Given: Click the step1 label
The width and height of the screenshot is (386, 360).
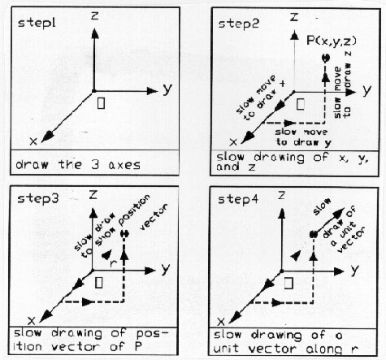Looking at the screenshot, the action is pos(37,23).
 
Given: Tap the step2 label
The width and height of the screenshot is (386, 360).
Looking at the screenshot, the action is pos(239,24).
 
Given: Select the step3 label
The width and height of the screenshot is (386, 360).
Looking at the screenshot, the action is pos(37,199).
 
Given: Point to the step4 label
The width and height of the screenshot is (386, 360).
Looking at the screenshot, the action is pos(238,200).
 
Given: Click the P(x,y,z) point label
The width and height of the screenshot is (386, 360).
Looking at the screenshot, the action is pos(332,41).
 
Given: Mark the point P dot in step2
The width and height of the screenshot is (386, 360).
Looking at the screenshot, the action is pos(325,58).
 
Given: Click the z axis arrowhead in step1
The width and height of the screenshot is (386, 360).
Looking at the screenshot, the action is pos(94,34).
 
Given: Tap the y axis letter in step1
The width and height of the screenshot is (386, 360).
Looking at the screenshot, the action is pos(168,89).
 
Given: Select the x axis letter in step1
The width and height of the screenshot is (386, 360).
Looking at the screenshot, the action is pos(33,141).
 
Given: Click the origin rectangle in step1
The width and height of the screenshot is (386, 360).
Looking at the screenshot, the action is pos(101,103).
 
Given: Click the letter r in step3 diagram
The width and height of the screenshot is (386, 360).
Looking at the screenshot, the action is pos(114,263).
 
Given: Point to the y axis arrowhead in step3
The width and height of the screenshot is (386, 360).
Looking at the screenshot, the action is pos(150,271).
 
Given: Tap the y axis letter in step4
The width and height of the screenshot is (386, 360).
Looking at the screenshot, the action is pos(355,271).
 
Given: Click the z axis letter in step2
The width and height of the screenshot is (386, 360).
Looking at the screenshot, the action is pos(294,17).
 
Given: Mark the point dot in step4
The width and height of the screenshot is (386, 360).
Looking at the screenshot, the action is pos(314,234).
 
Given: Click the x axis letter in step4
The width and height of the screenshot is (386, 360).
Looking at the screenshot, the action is pos(222,322).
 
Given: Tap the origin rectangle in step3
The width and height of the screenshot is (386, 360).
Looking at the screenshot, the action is pos(99,283).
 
